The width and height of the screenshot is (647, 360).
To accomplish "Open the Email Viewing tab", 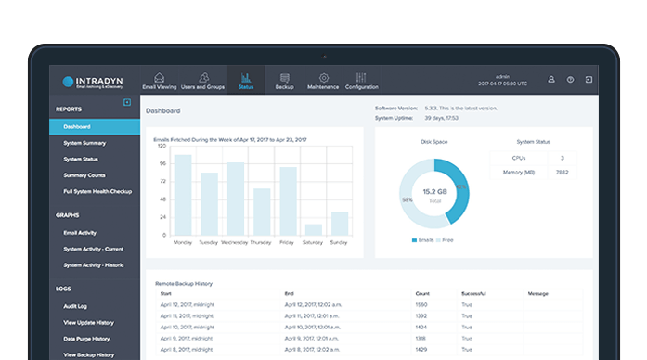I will [x=159, y=81].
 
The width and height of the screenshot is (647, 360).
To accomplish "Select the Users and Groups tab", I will [x=202, y=81].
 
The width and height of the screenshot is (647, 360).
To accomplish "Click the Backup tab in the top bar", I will [x=284, y=81].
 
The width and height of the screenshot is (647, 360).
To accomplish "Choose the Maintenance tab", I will [x=323, y=81].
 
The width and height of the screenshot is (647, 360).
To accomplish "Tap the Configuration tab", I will [x=361, y=81].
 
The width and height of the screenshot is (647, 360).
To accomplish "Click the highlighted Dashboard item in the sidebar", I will [x=77, y=126].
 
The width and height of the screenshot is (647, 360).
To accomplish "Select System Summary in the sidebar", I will [x=84, y=143].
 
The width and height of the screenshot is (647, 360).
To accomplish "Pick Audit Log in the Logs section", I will [x=75, y=305].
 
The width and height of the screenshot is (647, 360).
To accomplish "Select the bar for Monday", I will [x=183, y=195].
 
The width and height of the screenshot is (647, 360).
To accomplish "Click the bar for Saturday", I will [x=314, y=229].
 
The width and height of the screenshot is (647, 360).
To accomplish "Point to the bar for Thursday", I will [x=262, y=212].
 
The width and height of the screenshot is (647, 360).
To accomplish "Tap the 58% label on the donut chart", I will [x=407, y=199].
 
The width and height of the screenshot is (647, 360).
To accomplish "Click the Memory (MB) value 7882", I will [x=561, y=173].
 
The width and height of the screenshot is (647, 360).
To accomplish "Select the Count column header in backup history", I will [x=422, y=293].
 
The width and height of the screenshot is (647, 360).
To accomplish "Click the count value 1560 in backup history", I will [x=422, y=304].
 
